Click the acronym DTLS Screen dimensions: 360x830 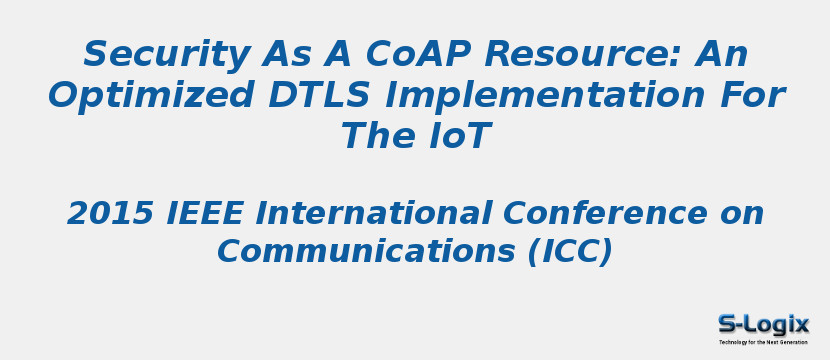click(301, 95)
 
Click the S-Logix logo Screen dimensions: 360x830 click(763, 323)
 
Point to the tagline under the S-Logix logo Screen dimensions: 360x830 click(763, 342)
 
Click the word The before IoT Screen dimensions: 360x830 click(377, 136)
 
